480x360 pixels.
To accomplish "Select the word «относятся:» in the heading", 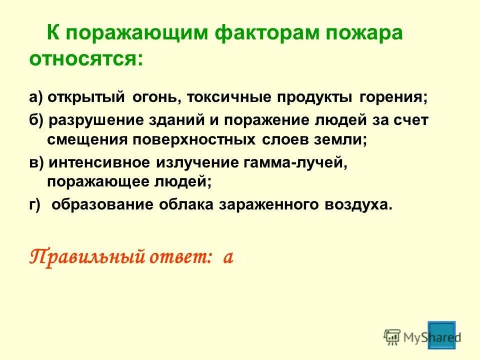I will pos(85,59).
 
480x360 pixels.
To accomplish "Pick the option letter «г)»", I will pos(34,205).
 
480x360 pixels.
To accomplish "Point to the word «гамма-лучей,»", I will pos(295,163).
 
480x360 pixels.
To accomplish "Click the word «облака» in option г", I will pos(188,205).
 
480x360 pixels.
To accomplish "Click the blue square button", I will pos(440,335).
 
